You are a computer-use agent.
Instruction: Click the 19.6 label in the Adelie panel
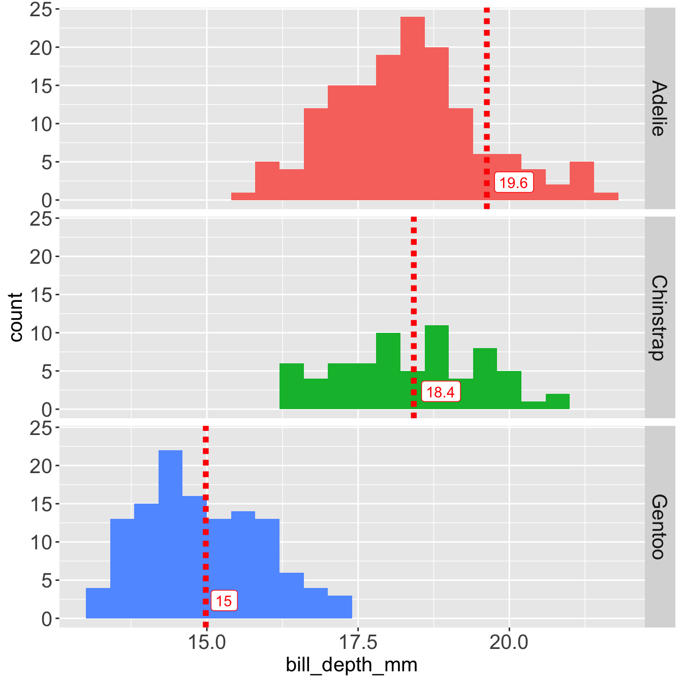[514, 183]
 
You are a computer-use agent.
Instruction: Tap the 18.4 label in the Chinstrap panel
[441, 392]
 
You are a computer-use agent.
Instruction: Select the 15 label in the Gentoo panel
[224, 601]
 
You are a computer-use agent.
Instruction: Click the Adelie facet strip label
[660, 108]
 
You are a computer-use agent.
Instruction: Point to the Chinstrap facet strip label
[660, 318]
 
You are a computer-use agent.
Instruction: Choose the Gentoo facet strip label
[660, 526]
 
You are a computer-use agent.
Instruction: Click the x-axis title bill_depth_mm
[352, 665]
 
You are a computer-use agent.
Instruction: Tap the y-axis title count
[16, 317]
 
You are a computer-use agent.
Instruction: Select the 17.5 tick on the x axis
[358, 643]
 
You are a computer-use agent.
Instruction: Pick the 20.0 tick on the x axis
[509, 643]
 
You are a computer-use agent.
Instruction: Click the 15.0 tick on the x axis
[206, 643]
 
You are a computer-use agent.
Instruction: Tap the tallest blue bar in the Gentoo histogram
[170, 534]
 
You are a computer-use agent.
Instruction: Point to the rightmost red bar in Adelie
[606, 196]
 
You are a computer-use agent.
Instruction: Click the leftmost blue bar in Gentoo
[98, 603]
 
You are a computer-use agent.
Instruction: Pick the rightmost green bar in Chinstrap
[557, 401]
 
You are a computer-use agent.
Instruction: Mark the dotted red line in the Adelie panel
[487, 76]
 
